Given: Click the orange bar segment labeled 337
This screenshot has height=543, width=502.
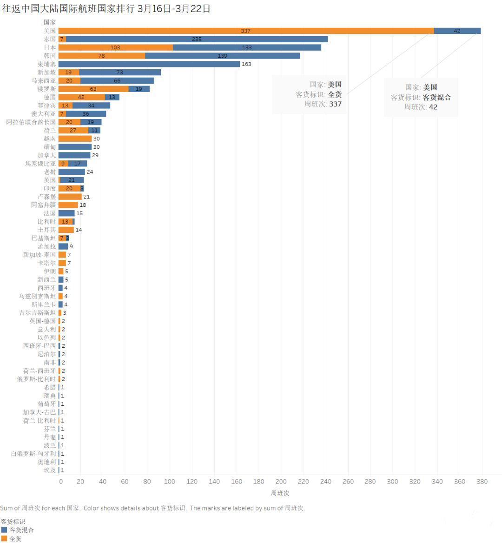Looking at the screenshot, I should coord(246,31).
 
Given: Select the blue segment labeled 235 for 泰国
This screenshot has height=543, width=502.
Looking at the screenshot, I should coord(197,39).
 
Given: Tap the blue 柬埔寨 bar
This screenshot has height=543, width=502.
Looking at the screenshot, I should coord(149,64).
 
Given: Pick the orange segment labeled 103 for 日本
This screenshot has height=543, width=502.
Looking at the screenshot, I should coord(115,47).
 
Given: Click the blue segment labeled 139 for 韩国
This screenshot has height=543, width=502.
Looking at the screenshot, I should coord(222,56).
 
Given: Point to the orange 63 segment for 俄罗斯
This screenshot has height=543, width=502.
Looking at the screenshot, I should coord(93,89).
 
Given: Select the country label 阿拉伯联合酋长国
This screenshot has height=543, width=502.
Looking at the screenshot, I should coord(31,122).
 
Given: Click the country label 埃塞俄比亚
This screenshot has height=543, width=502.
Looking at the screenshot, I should coord(40,164).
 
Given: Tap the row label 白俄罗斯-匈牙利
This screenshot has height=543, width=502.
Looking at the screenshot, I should coord(33,454).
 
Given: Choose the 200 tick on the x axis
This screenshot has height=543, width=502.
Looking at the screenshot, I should coord(281,482).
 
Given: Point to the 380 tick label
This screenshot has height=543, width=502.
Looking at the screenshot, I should coord(482,482).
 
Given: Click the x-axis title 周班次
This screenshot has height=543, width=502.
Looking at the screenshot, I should coord(280,493).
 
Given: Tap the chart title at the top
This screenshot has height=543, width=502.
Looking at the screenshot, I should coord(106,9).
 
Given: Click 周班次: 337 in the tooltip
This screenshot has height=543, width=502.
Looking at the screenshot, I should coord(323,104).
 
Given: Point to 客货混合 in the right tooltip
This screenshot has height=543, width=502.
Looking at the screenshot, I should coord(436,97).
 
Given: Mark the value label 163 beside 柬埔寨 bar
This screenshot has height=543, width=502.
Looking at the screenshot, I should coord(246,64).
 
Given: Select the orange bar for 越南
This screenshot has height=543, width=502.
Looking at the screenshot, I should coord(75,139).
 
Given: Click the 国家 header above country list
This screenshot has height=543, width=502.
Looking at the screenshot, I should coord(50,22).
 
